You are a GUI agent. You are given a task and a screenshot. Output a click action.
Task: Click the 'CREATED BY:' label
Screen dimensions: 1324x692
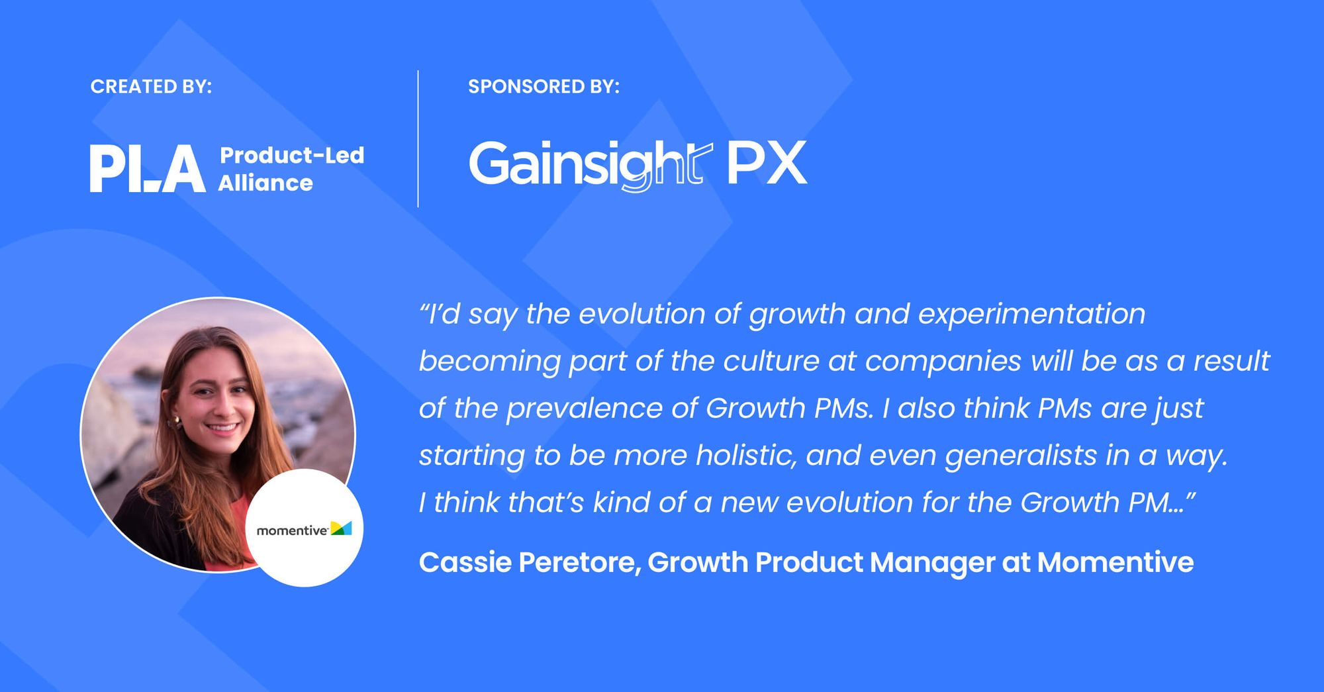pyautogui.click(x=151, y=87)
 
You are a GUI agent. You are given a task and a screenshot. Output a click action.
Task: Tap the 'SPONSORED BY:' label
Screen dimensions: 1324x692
pyautogui.click(x=544, y=87)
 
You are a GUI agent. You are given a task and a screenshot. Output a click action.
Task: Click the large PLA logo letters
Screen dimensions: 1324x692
pyautogui.click(x=148, y=169)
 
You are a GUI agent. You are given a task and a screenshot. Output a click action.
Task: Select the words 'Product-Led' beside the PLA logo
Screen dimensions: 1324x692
pyautogui.click(x=292, y=155)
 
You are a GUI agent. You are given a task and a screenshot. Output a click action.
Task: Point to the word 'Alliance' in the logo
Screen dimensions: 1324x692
pyautogui.click(x=265, y=183)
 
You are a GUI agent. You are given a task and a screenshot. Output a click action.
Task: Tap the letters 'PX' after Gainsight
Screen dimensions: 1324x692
pyautogui.click(x=767, y=163)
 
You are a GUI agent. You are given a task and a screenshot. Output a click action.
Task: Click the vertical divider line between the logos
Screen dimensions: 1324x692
pyautogui.click(x=418, y=138)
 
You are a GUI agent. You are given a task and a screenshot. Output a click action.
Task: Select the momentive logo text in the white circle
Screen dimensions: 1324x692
pyautogui.click(x=292, y=530)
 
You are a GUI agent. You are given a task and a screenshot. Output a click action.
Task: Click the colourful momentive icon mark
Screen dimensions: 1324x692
pyautogui.click(x=341, y=528)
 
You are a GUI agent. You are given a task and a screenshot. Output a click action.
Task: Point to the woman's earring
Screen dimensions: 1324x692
pyautogui.click(x=177, y=422)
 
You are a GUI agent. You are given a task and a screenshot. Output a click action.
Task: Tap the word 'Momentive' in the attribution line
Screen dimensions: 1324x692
pyautogui.click(x=1115, y=562)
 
